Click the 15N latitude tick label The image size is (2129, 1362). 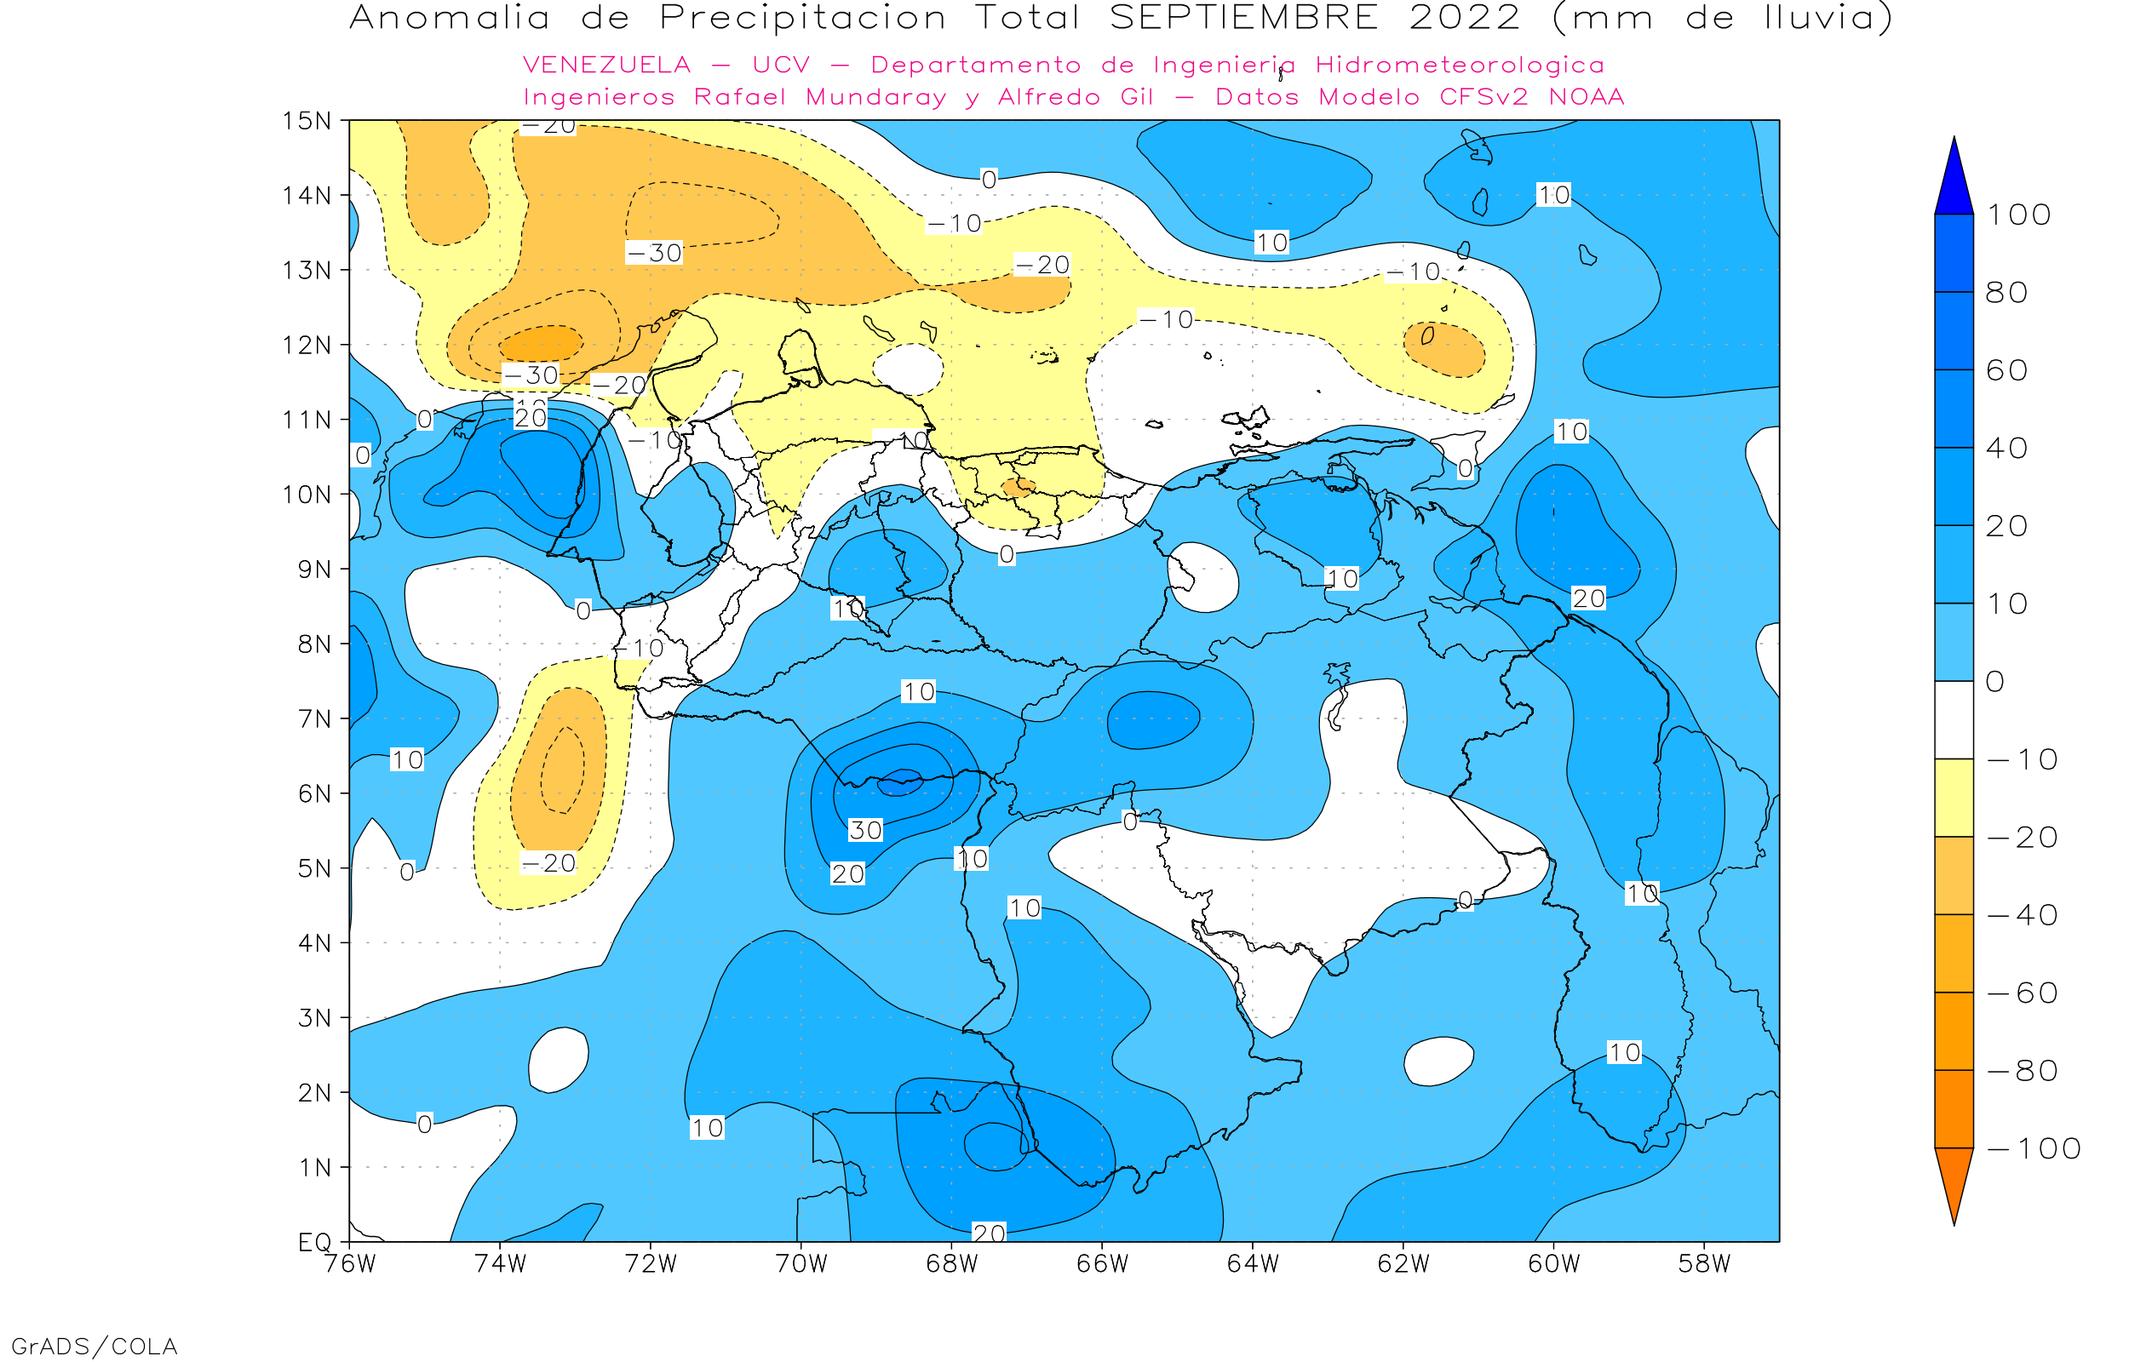[x=306, y=121]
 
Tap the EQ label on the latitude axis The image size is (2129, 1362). [x=315, y=1242]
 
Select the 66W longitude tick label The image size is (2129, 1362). [x=1102, y=1264]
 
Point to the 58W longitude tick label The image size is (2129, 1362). [x=1703, y=1264]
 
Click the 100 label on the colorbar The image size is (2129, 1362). [x=2018, y=215]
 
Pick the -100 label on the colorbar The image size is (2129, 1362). [x=2034, y=1149]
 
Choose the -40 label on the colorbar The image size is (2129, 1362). [x=2022, y=915]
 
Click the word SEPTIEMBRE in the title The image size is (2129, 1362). [x=1243, y=19]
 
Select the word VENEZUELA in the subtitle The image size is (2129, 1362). [x=607, y=66]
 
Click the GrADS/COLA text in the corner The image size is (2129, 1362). [x=94, y=1346]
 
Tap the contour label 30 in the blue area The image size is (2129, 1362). [x=865, y=831]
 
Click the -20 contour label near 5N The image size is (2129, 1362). [x=548, y=863]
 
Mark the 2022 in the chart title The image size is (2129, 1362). [x=1464, y=19]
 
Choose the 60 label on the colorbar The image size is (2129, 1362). [x=2006, y=370]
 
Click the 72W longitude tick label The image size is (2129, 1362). [x=650, y=1264]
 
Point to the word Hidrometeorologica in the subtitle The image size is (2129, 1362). [x=1460, y=66]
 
